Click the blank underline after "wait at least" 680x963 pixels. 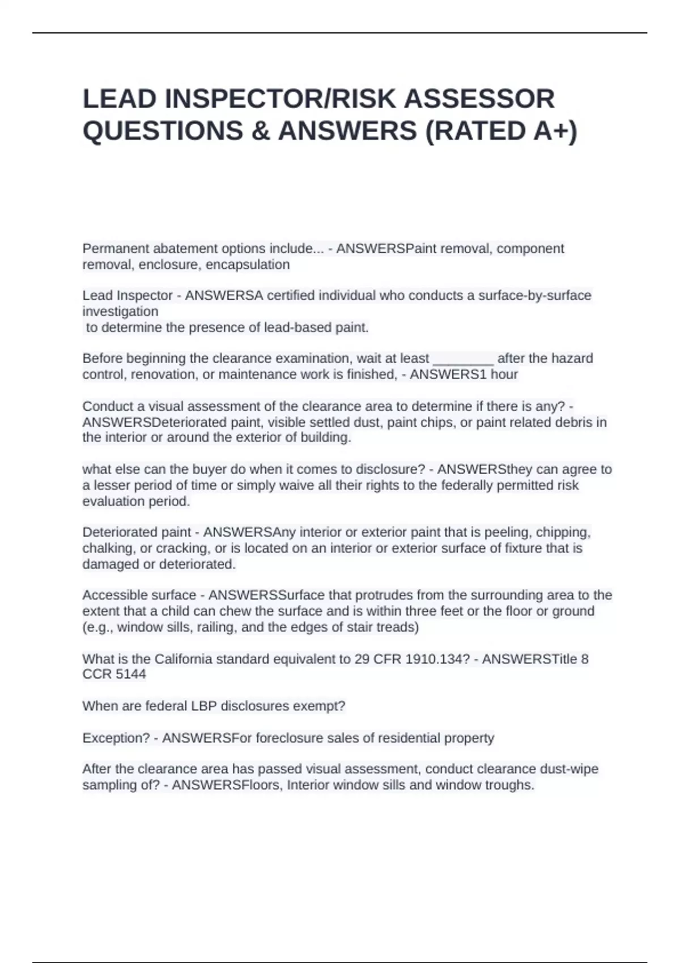[x=463, y=359]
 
